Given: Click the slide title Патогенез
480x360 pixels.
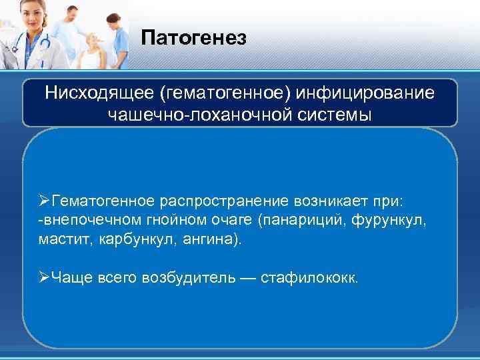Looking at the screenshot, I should pos(194,38).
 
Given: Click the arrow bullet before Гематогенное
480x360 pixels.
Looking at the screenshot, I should pos(45,201).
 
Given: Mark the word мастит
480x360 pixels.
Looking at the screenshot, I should pos(59,239).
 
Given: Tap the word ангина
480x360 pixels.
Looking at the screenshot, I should pos(198,239).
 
